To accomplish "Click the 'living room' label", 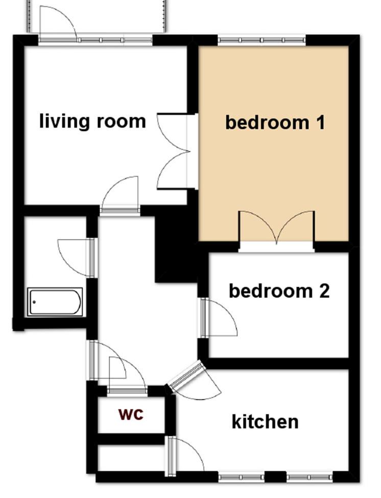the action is pos(92,121).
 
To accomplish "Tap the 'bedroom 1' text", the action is pos(275,123).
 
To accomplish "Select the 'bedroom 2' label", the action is pos(279,290).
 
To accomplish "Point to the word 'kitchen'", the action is pos(265,421).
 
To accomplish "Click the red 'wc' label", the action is pos(131,414).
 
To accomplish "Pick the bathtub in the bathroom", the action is pos(55,302).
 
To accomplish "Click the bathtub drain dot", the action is pos(34,302).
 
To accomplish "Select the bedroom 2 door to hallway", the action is pos(219,318).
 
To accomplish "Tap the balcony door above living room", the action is pos(58,24).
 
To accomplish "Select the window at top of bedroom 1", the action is pos(261,40).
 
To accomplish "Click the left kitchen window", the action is pos(241,477).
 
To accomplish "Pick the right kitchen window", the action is pos(309,477).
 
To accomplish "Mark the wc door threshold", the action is pos(127,391).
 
